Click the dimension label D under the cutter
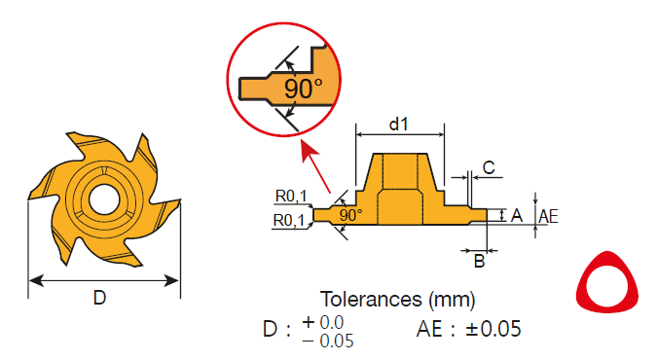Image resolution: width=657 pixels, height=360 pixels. (x=99, y=298)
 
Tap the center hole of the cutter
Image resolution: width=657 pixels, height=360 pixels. (x=103, y=199)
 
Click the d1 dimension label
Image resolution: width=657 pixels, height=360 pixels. (x=399, y=124)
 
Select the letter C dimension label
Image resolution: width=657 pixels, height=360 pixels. (x=489, y=167)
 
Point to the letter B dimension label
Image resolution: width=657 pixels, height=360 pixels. (x=479, y=261)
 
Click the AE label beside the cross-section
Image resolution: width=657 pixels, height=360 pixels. (x=549, y=216)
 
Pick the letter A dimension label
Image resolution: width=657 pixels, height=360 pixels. (x=517, y=215)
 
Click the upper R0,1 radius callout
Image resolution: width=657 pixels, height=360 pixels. (x=291, y=196)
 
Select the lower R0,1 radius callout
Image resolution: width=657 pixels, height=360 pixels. (x=289, y=220)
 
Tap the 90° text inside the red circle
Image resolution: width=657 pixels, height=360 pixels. (x=304, y=89)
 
